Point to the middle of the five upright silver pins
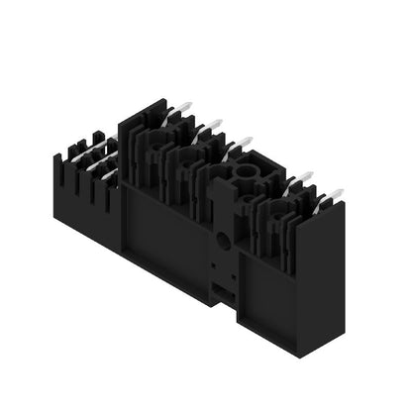pyautogui.click(x=242, y=145)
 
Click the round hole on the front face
pyautogui.click(x=225, y=239)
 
